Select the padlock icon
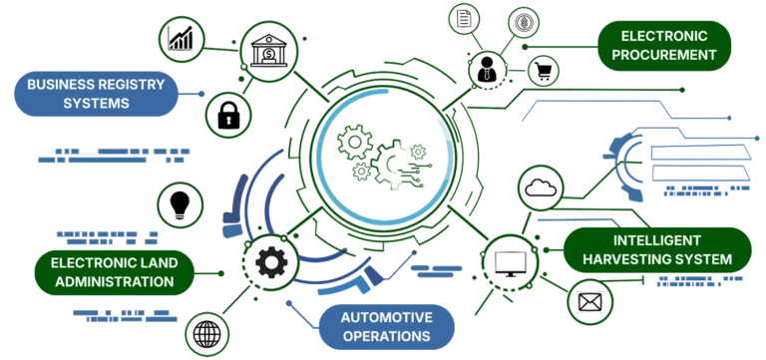point(228,113)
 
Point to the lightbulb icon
point(182,205)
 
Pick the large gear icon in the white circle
point(269,261)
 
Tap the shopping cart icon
point(543,71)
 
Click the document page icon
point(463,18)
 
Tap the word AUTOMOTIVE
point(386,317)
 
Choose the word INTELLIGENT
point(658,240)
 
